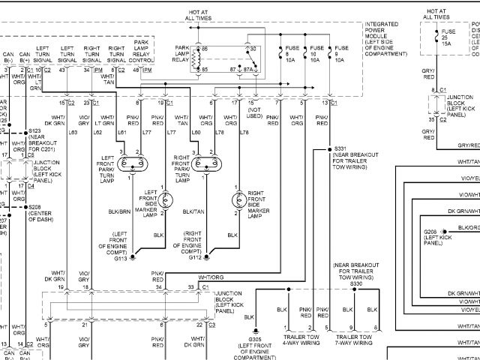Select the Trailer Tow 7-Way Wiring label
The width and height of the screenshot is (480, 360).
coord(354,338)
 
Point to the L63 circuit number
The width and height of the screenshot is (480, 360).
coord(73,132)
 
